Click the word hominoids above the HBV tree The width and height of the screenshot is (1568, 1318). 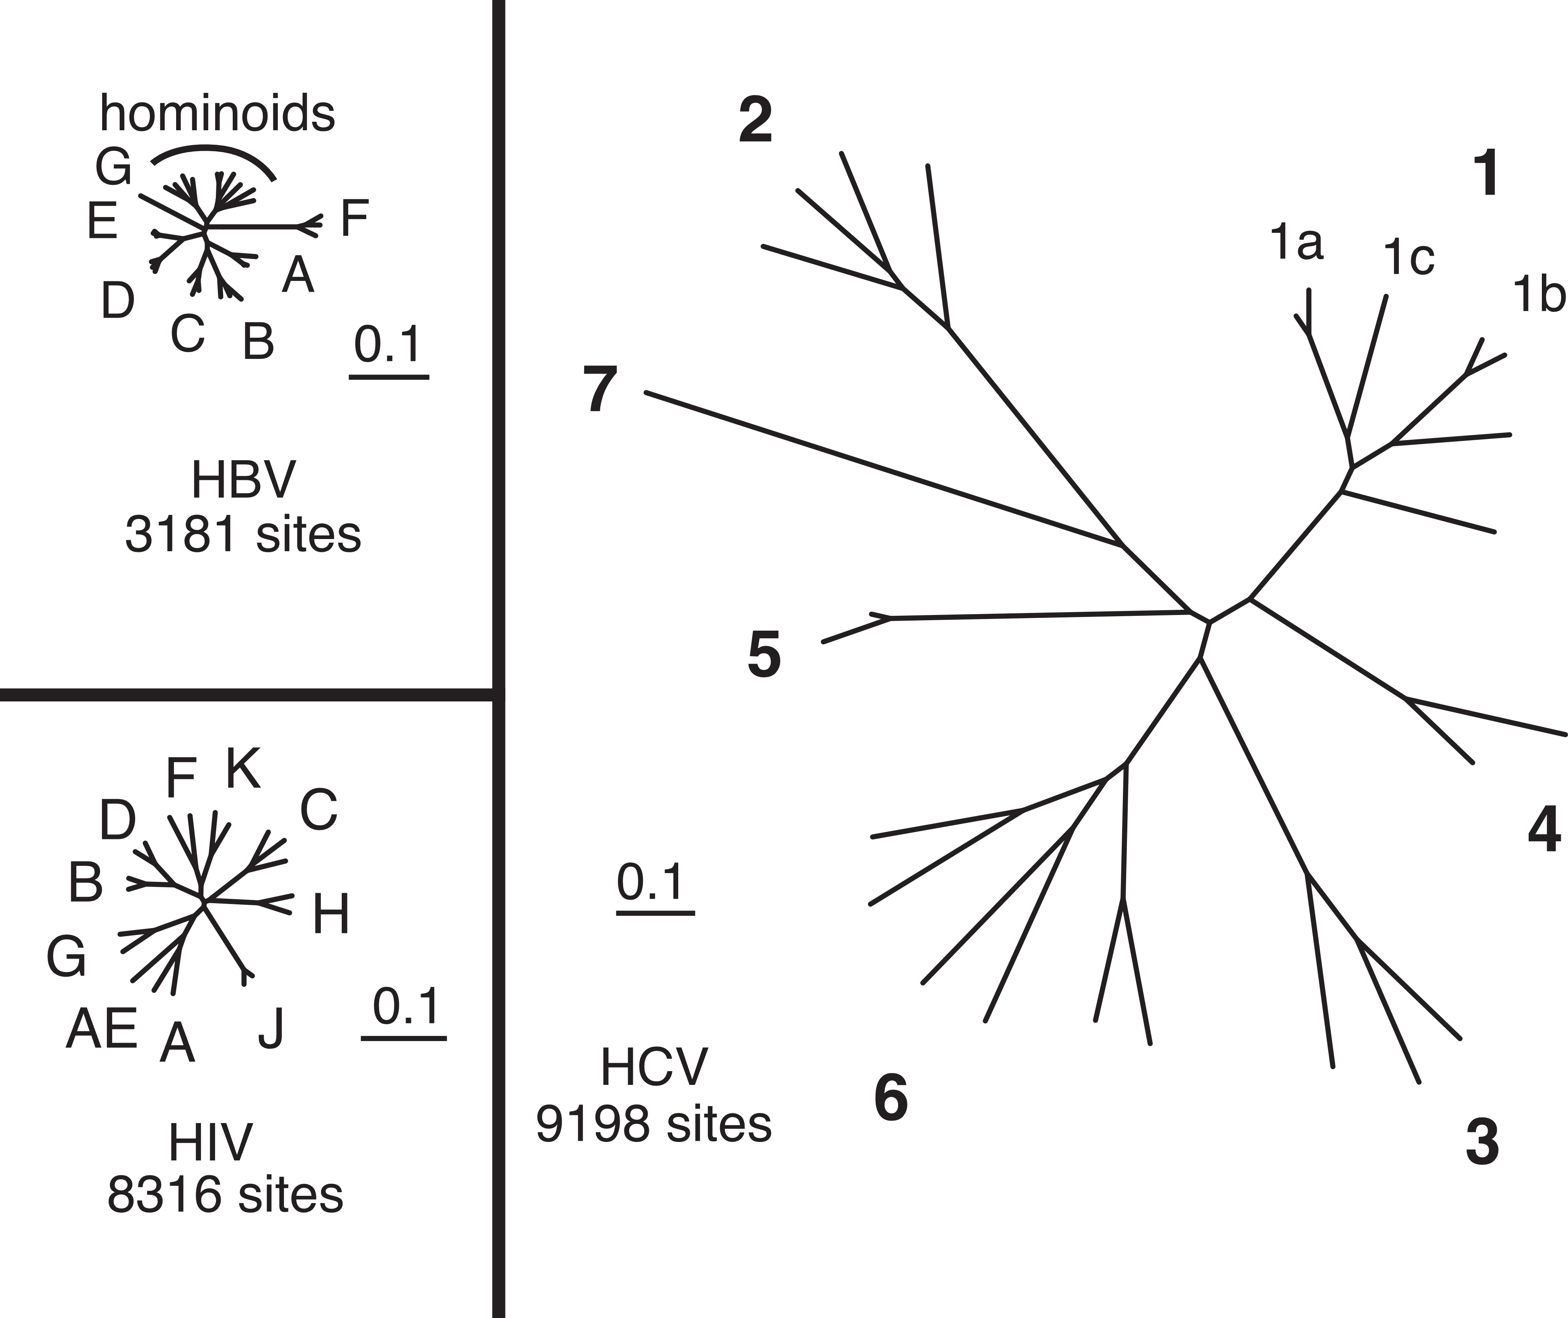coord(218,114)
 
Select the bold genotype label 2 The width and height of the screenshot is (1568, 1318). coord(755,121)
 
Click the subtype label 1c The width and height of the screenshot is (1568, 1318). coord(1409,258)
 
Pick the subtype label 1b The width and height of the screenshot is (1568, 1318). coord(1538,295)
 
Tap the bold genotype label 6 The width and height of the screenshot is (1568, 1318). coord(891,1098)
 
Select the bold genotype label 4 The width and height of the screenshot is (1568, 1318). coord(1544,829)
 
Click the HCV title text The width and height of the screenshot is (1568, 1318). coord(654,1067)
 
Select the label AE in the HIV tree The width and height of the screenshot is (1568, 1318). coord(102,1029)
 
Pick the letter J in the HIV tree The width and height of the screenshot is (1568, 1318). coord(271,1029)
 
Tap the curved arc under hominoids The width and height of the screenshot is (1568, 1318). coord(213,152)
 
